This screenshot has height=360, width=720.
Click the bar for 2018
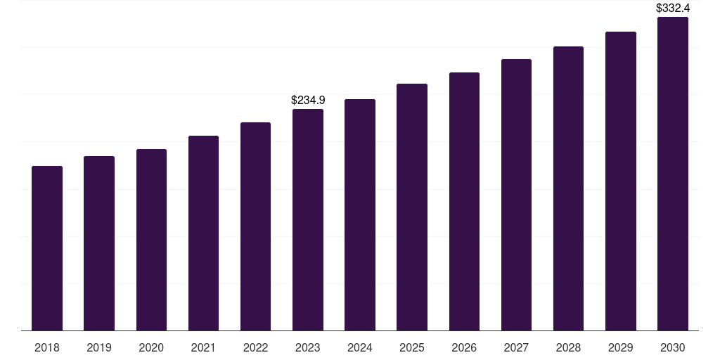[x=47, y=248]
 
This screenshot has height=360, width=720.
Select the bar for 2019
[x=99, y=243]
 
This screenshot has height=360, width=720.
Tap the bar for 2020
[x=151, y=240]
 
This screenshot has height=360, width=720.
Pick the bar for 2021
[x=203, y=233]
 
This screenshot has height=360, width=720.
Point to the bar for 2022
[x=255, y=226]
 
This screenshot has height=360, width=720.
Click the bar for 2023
[x=308, y=219]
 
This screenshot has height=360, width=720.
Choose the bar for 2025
[x=412, y=207]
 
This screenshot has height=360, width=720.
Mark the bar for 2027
[x=516, y=195]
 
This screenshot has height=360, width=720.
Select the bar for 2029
[x=621, y=181]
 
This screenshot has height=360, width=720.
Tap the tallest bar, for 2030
[x=673, y=174]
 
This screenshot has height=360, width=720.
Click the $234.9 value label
[x=308, y=101]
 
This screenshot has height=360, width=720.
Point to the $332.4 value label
[x=673, y=8]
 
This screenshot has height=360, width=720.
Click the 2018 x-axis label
[x=47, y=347]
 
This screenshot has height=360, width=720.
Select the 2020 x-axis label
[x=151, y=347]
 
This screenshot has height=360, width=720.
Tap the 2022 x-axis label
[x=255, y=347]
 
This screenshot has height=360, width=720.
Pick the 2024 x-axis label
[x=360, y=347]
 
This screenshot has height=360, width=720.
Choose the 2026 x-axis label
[x=464, y=347]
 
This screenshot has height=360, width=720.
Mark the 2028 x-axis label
[x=568, y=347]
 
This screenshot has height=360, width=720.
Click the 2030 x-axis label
[x=673, y=347]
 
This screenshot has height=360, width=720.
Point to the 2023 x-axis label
[x=308, y=347]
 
